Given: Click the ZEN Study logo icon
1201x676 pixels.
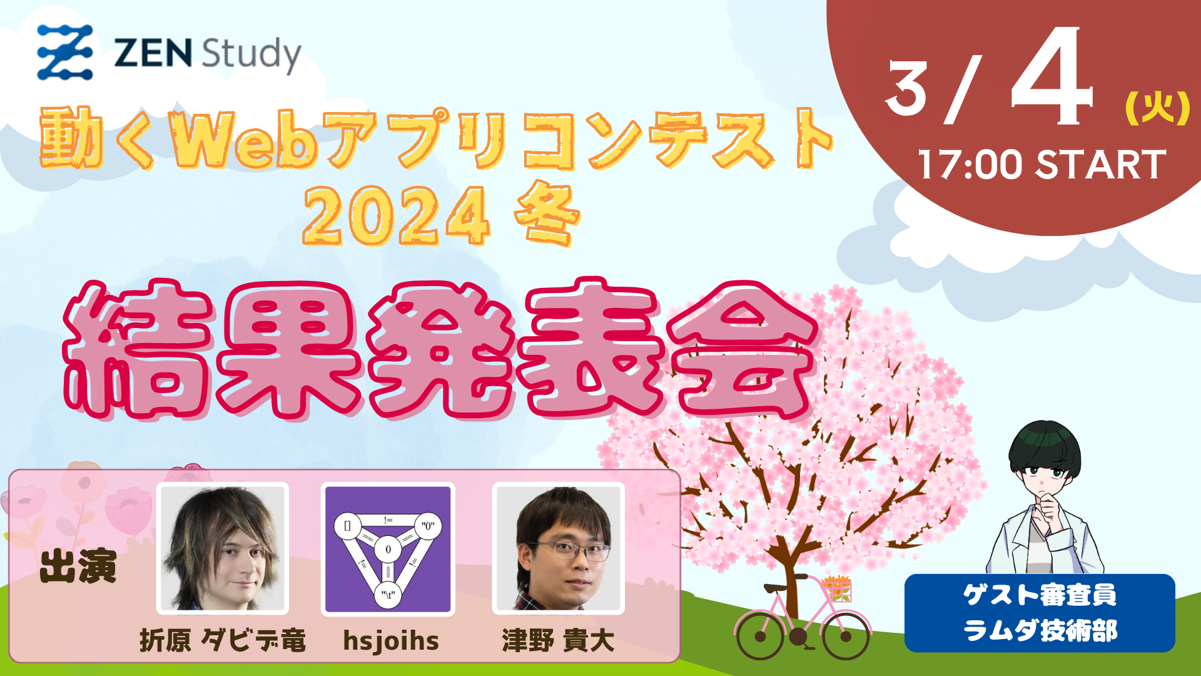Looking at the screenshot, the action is point(65,53).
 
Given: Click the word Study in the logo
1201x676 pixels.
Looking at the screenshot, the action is point(251,54).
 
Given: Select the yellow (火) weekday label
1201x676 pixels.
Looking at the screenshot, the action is point(1157,108).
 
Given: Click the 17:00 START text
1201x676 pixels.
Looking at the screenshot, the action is point(1042,165).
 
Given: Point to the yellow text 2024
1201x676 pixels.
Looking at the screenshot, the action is point(396,216).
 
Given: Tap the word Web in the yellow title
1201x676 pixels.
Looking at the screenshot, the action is point(245,139).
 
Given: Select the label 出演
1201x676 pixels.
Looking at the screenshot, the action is point(78,566).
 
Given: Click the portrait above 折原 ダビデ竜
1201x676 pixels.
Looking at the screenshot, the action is point(223,548).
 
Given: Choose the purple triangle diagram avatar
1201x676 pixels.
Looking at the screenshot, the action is point(388,549).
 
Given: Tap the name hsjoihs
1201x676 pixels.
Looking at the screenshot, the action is point(391,641).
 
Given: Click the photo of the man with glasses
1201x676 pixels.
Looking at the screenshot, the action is point(559,548).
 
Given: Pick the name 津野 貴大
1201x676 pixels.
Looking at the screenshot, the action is point(558,640).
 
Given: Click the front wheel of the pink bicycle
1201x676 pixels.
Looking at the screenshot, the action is point(846,636).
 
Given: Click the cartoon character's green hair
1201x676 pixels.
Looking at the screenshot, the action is point(1045,446).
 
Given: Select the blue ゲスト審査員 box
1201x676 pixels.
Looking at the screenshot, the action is point(1040,613).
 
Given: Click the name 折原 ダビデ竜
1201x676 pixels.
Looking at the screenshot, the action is point(223,640).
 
